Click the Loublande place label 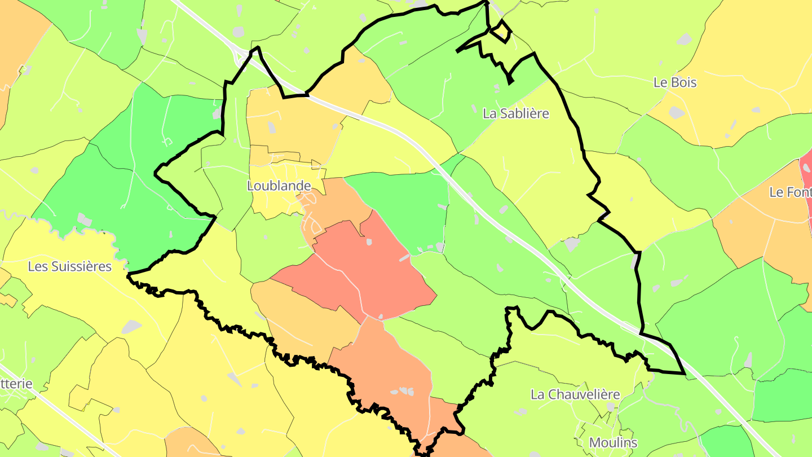coord(279,186)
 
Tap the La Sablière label coord(516,113)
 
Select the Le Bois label coord(675,82)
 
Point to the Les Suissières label coord(70,266)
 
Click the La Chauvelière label coord(575,394)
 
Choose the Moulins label coord(614,442)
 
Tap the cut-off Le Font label coord(790,192)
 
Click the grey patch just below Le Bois coord(677,112)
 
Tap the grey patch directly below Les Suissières coord(131,326)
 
